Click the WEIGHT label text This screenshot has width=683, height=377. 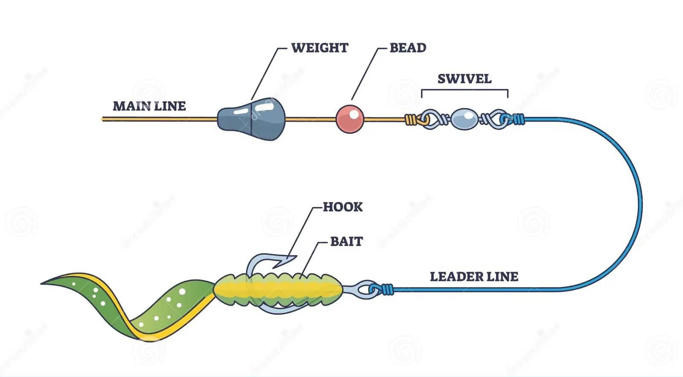320,47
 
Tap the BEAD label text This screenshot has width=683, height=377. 408,47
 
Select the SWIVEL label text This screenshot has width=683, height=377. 464,79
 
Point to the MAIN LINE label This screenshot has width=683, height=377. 149,106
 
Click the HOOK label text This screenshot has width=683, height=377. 342,207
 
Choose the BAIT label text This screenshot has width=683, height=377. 346,242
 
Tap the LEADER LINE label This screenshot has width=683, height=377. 474,277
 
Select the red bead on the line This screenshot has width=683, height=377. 350,118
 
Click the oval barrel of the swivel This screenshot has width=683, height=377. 464,119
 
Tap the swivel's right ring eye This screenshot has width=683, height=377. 498,119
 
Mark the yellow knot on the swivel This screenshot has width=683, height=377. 411,120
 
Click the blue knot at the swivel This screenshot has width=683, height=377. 518,119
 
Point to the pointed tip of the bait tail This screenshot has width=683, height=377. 44,283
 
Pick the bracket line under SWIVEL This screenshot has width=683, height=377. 464,90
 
